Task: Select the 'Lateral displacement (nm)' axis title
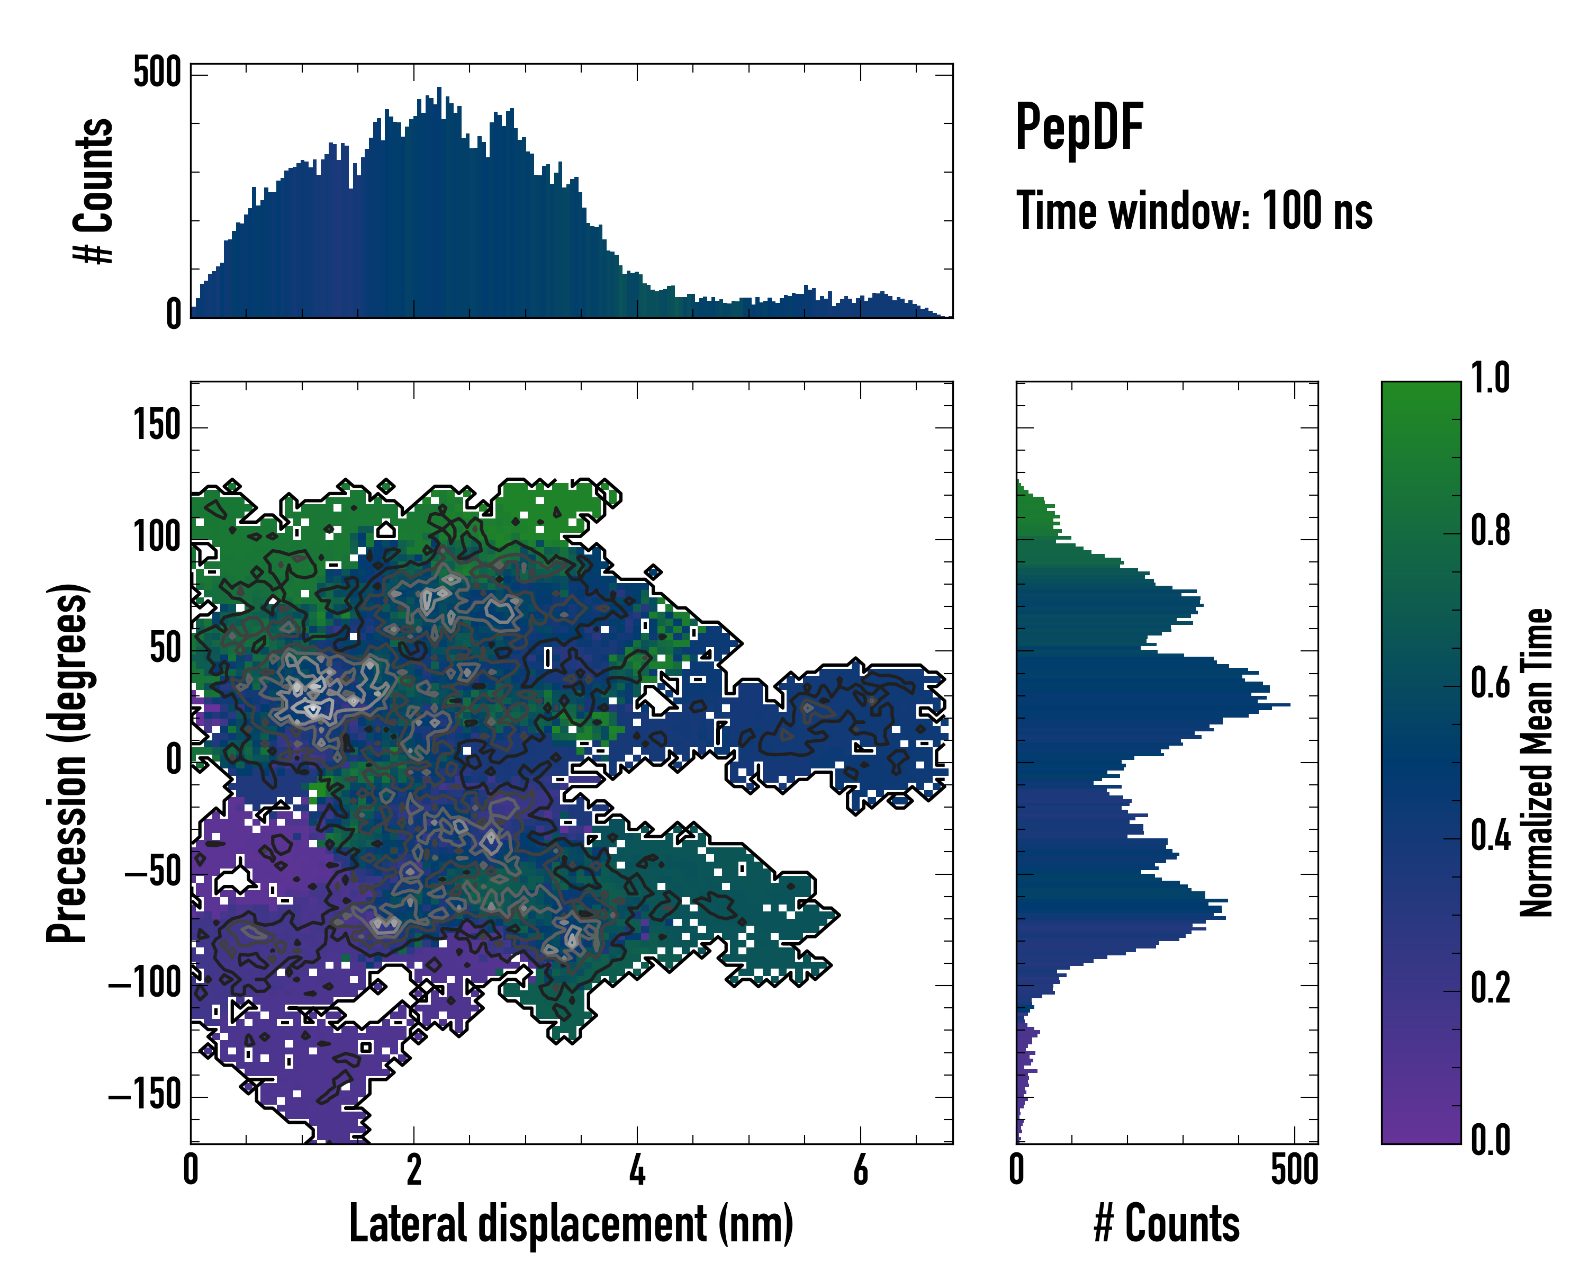571,1223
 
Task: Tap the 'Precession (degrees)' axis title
68,763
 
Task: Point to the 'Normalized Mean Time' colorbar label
1537,763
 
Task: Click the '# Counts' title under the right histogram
1167,1223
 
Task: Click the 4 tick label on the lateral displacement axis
637,1170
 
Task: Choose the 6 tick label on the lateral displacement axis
860,1170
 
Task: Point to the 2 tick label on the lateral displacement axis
414,1170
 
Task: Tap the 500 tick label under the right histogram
1294,1170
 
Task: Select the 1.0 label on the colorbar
1490,378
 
